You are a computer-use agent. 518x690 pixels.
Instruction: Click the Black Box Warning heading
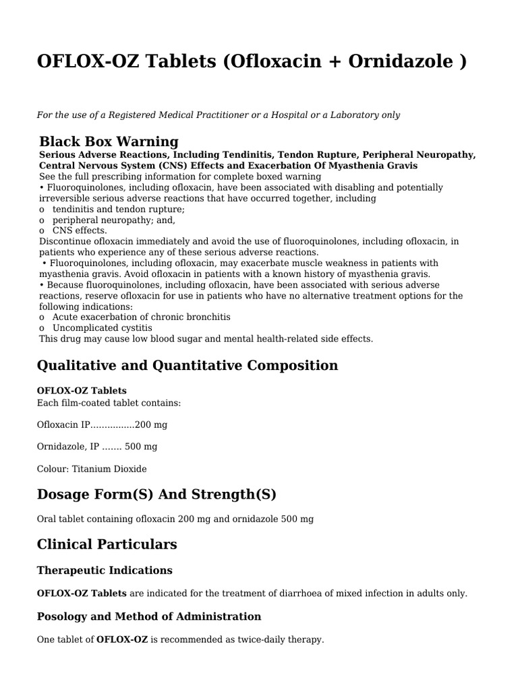tap(109, 142)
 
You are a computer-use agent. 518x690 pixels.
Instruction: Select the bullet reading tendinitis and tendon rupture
tap(118, 209)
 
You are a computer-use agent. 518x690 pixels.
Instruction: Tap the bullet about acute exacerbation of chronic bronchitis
tap(141, 317)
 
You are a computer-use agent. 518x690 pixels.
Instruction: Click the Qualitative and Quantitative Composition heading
tap(187, 366)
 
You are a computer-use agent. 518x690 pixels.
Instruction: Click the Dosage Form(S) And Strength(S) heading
tap(156, 495)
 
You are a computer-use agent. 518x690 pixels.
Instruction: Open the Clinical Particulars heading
tap(107, 544)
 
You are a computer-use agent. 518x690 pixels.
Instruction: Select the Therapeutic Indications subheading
tap(105, 571)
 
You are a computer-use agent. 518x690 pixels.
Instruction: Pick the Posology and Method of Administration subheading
tap(148, 617)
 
